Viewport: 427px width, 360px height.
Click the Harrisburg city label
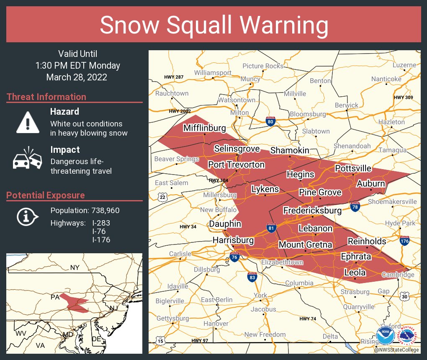click(x=233, y=240)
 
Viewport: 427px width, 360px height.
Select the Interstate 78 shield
click(x=355, y=206)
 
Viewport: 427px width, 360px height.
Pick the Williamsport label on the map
click(x=213, y=73)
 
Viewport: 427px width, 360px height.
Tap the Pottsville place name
click(x=353, y=168)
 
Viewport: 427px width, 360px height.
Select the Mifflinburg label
click(x=204, y=128)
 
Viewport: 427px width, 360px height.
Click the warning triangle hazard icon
click(x=28, y=122)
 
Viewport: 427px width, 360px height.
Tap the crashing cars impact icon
click(x=28, y=159)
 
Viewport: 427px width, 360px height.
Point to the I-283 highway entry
click(x=101, y=223)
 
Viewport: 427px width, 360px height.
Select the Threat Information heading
click(x=46, y=97)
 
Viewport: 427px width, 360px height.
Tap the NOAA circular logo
click(x=385, y=336)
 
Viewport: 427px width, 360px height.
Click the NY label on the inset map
click(x=75, y=267)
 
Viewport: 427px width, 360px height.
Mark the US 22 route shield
click(x=162, y=197)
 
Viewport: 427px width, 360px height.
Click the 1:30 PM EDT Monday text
click(x=77, y=66)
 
